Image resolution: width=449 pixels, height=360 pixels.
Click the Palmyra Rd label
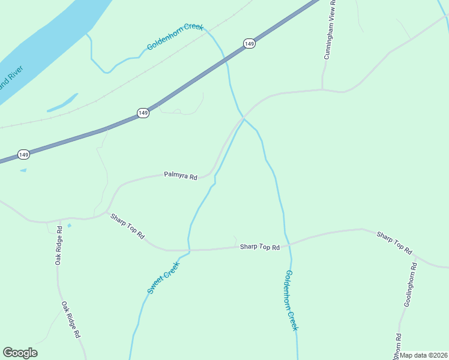181,176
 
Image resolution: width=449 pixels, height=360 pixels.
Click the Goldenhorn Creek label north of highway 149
175,37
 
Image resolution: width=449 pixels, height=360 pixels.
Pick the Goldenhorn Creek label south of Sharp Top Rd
291,300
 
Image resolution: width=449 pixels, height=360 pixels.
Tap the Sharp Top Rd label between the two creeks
260,247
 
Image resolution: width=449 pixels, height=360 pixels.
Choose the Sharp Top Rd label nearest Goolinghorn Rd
394,241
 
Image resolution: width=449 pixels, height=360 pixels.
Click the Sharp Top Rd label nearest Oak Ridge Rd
127,227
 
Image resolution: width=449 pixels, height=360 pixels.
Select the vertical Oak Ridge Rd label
58,245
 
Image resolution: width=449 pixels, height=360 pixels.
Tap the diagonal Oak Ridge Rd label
71,320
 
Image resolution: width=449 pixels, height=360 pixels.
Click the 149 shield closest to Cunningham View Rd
249,43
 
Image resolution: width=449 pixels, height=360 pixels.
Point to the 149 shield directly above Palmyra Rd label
143,113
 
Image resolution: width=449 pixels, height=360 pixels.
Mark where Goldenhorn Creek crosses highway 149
224,59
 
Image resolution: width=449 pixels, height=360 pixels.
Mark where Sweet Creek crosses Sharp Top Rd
188,250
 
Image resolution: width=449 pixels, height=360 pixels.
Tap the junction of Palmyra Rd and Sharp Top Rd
108,212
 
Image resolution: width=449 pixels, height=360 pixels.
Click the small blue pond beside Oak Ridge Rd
69,226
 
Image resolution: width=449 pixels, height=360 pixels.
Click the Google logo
20,353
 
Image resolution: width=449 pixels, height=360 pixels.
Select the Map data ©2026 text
424,355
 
